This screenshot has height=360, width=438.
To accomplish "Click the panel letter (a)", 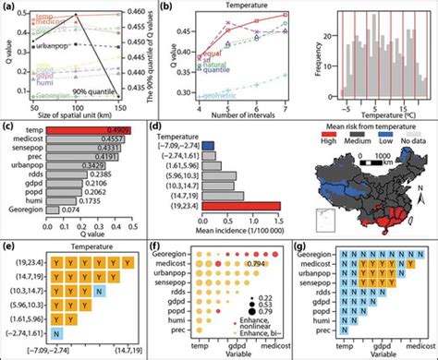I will pos(7,6).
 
